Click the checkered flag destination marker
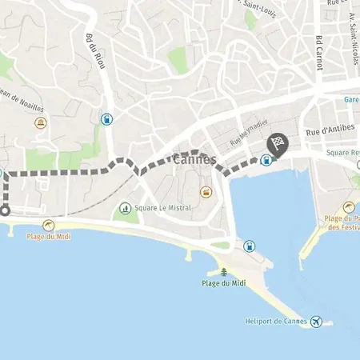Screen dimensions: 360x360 (276, 142)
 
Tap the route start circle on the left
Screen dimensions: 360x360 (3, 211)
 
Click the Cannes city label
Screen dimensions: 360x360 (194, 160)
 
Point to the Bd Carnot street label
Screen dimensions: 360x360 (318, 51)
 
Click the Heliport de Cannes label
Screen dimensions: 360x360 (277, 322)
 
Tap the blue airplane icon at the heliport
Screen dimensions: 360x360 (316, 322)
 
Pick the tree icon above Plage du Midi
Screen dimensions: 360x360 (223, 272)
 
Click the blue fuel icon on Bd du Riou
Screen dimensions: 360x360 (106, 119)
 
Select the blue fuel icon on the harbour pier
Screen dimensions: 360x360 (250, 246)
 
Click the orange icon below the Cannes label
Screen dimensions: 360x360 (206, 192)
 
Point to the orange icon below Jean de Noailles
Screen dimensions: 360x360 (41, 123)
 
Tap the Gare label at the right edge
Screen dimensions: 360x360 (350, 100)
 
